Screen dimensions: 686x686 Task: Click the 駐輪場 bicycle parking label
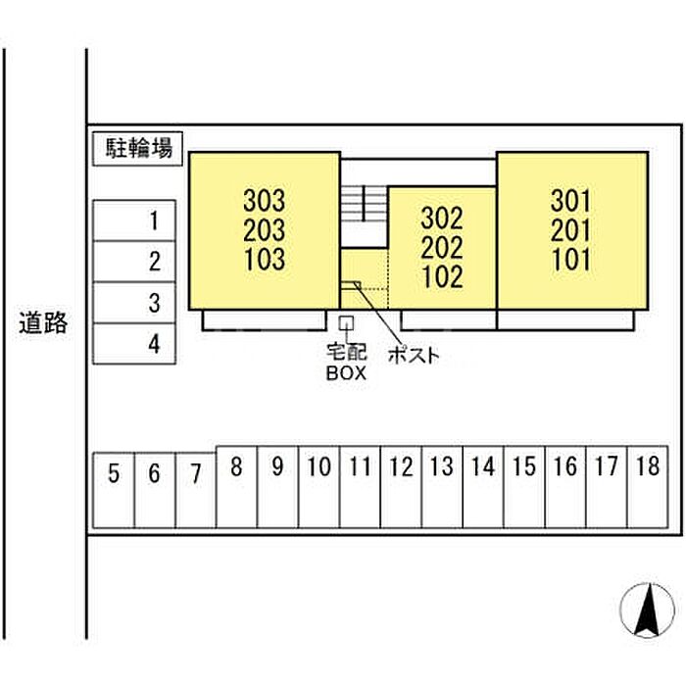pos(139,149)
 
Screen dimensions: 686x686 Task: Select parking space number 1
pos(134,220)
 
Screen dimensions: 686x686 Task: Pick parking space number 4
pos(134,344)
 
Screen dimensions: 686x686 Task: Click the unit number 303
pos(264,201)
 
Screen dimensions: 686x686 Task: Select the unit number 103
pos(264,260)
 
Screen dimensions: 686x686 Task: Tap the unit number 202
pos(442,247)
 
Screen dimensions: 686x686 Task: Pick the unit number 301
pos(571,201)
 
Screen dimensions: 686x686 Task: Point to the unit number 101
pos(571,260)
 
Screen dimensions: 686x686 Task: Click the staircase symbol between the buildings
pos(365,204)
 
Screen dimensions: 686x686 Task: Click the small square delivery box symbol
pos(345,322)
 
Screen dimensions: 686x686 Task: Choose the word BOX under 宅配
pos(345,372)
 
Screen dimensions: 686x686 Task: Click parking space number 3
pos(134,303)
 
